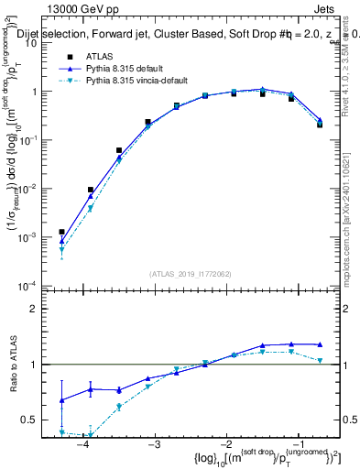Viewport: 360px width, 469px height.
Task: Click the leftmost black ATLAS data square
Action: point(61,233)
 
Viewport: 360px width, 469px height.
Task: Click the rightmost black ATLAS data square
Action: point(320,124)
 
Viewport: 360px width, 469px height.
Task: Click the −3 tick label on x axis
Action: point(154,443)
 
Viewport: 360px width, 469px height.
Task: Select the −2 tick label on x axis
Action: point(225,443)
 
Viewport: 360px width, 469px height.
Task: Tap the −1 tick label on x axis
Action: point(297,443)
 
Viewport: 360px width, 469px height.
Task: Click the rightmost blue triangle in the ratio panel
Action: point(320,344)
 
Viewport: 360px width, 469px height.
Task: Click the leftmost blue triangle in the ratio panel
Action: point(61,400)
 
